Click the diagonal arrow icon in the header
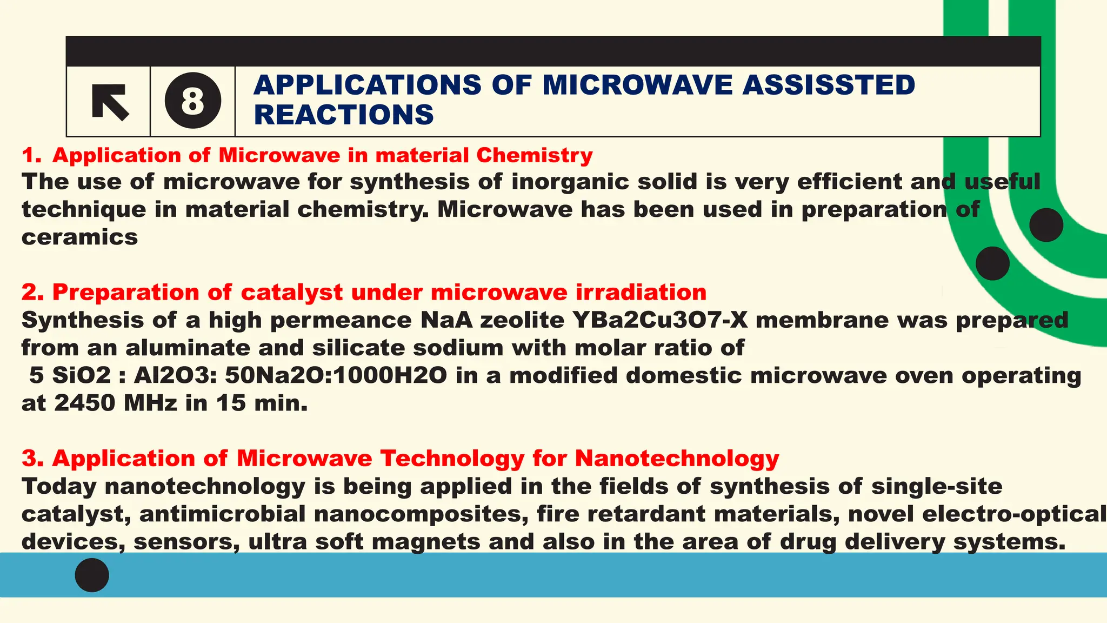point(110,102)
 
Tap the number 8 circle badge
point(193,101)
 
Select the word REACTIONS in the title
point(344,115)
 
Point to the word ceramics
point(79,237)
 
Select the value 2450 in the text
point(85,403)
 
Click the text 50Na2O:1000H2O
point(336,375)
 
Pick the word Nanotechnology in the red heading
point(677,459)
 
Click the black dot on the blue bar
point(92,575)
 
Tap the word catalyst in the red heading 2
point(291,293)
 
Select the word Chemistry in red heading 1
point(534,156)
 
